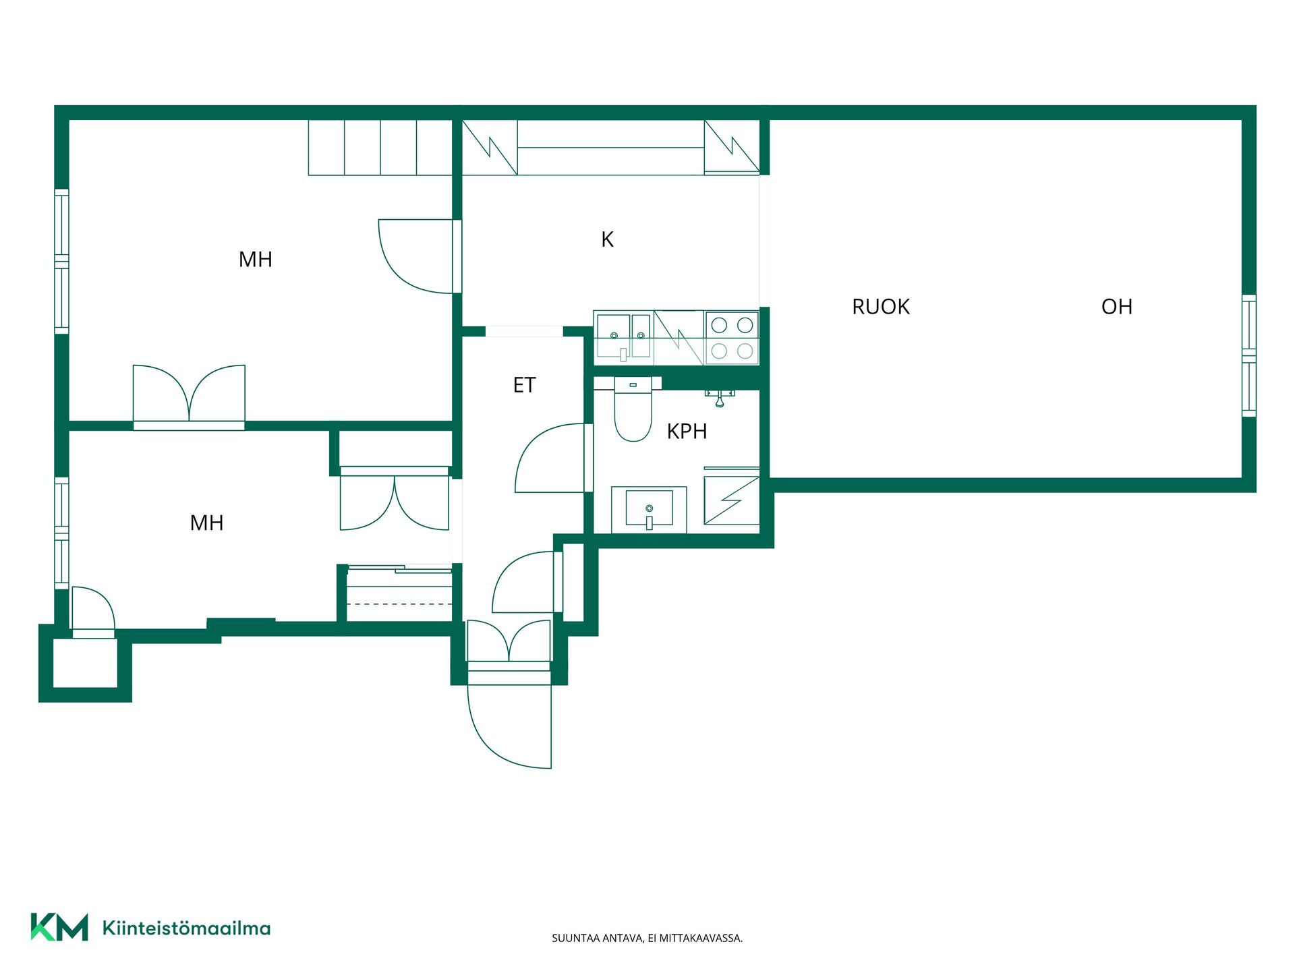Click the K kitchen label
click(x=607, y=239)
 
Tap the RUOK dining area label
click(x=880, y=307)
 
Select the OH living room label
click(x=1116, y=307)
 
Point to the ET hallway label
click(x=524, y=385)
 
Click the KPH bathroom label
click(x=687, y=432)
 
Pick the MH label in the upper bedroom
click(x=256, y=260)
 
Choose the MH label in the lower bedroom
click(x=206, y=523)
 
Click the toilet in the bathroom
click(x=633, y=409)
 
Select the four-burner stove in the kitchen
click(x=732, y=338)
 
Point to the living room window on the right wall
click(x=1249, y=355)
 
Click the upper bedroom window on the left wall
click(x=61, y=262)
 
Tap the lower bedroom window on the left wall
click(x=61, y=533)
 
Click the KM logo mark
click(x=59, y=927)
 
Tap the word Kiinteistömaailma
click(x=186, y=928)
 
